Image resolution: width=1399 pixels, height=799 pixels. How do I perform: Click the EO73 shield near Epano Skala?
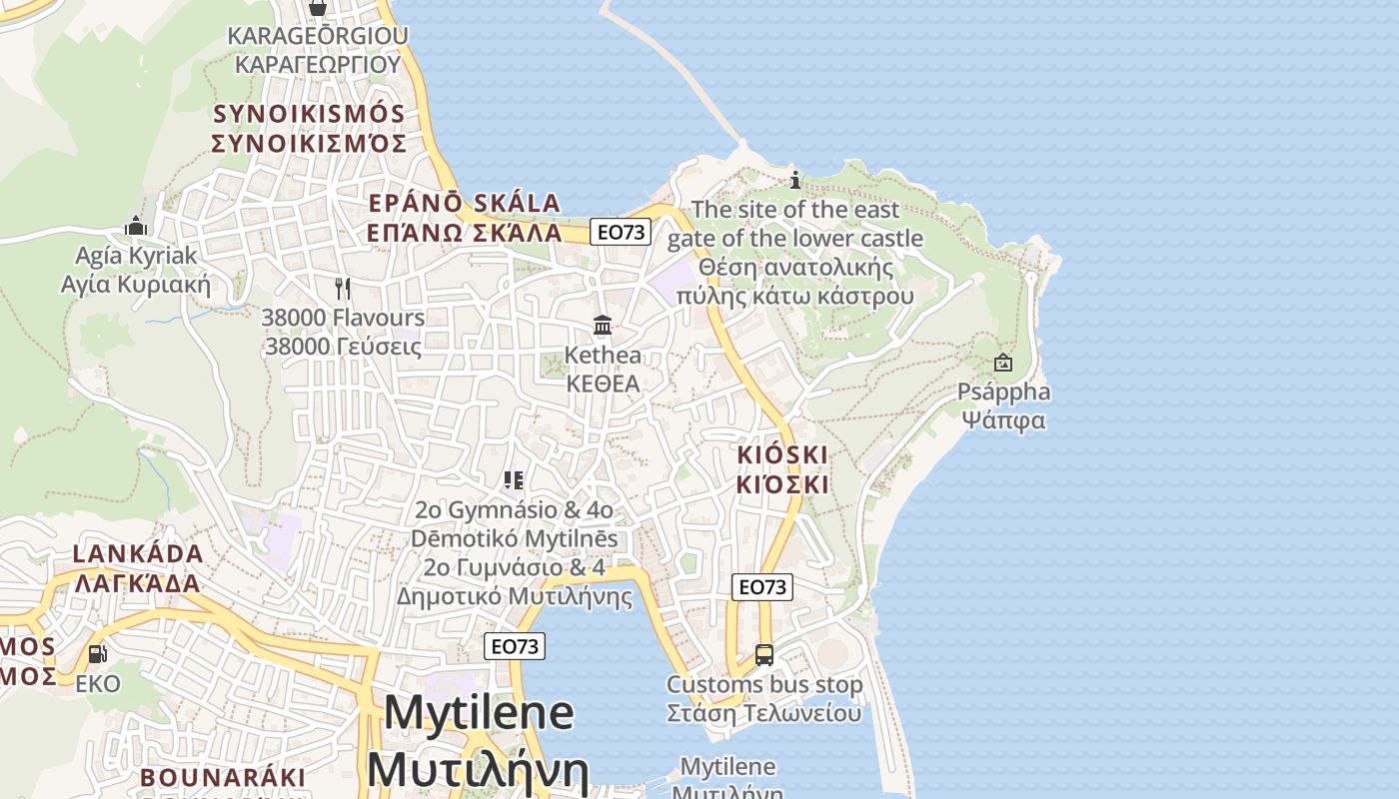coord(621,232)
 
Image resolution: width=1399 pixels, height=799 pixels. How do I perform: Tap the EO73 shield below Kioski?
coord(762,586)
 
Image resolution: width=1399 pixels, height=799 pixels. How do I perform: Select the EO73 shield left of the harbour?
coord(516,646)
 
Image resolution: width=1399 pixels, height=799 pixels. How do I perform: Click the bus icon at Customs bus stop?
coord(764,655)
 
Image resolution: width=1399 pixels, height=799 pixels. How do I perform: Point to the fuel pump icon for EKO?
coord(98,654)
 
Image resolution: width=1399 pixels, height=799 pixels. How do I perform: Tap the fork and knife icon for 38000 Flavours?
coord(343,289)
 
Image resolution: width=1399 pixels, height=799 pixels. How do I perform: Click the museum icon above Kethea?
coord(603,326)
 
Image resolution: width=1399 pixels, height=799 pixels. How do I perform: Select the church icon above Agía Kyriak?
coord(136,227)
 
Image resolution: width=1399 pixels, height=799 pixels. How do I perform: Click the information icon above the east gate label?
coord(795,180)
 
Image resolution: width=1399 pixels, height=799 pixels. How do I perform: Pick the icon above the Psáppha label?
coord(1003,364)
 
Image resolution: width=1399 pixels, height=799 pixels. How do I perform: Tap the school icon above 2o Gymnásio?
coord(515,480)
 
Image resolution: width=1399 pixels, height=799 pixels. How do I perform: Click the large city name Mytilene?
coord(479,713)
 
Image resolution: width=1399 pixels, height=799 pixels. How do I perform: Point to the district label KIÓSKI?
coord(782,454)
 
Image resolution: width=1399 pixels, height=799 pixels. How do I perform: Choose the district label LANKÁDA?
coord(138,553)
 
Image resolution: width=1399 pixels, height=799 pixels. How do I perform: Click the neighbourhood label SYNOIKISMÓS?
coord(309,114)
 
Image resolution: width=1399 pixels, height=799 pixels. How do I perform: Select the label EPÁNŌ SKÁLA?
coord(465,203)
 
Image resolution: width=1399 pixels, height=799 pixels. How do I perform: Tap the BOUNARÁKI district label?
coord(223,777)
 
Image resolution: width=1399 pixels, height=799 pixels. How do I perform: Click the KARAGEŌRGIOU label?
coord(318,36)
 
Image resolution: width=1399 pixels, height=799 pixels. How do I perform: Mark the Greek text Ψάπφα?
coord(1003,419)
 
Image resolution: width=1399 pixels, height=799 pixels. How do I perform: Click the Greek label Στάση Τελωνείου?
coord(764,713)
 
